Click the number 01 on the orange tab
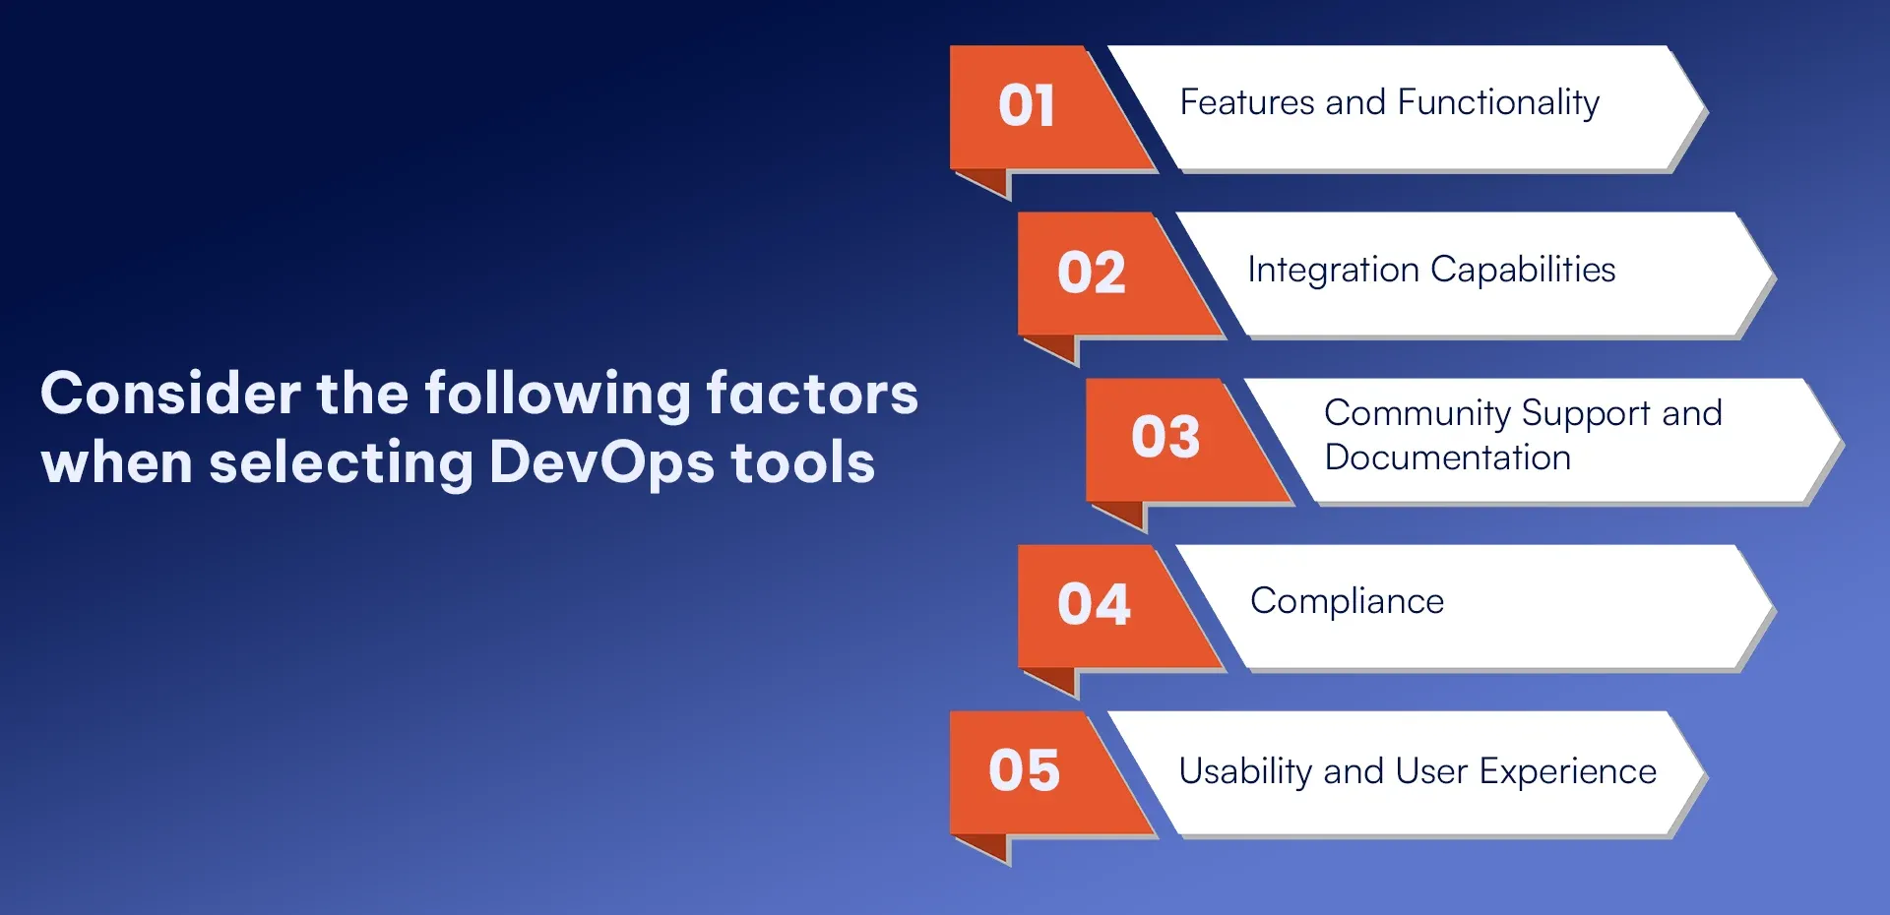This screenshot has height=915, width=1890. click(x=1027, y=105)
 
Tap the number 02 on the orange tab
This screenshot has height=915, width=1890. click(x=1092, y=273)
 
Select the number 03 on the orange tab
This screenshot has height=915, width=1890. click(x=1165, y=437)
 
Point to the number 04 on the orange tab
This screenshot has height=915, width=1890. click(x=1094, y=604)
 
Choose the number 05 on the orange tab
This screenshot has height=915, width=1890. click(x=1025, y=770)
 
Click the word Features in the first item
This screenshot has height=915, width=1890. click(x=1247, y=102)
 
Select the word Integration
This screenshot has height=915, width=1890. click(x=1334, y=271)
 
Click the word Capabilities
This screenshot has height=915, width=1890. click(x=1523, y=271)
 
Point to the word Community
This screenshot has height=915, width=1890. click(x=1417, y=414)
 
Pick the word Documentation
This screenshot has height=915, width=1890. click(x=1448, y=457)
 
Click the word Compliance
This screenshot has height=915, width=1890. click(x=1348, y=602)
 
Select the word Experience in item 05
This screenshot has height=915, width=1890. click(x=1568, y=772)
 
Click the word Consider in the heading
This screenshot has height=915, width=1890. click(x=170, y=394)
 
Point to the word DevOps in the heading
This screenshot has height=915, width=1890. click(x=601, y=463)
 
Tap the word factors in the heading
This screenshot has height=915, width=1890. click(x=812, y=394)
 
